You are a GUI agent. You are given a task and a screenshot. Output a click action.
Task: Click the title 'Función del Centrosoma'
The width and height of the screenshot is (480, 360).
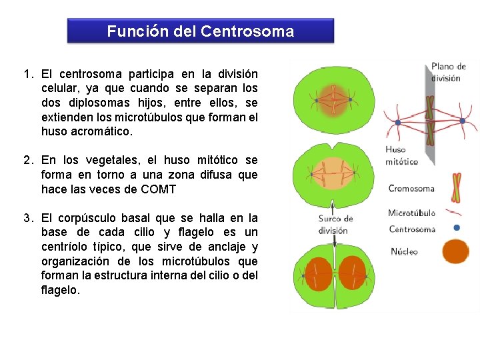200,31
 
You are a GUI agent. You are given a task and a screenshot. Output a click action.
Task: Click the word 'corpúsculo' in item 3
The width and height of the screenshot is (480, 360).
89,218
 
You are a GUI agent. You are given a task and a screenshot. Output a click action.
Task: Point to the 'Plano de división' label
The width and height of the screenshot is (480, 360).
449,72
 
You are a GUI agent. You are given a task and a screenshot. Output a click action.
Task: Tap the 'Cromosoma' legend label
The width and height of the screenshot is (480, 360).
411,189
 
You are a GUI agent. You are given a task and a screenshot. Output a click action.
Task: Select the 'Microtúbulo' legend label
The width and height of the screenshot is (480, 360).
411,213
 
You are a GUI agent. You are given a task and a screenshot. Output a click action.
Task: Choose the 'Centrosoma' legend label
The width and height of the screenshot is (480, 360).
411,229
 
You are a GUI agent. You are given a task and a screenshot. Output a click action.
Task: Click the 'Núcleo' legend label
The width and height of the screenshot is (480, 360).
404,251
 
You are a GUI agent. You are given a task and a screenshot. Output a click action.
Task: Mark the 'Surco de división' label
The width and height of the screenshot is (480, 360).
335,225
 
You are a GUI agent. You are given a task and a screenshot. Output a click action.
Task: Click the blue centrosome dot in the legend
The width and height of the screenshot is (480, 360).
456,227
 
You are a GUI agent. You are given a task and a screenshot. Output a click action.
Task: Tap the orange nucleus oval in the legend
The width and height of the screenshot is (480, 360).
456,252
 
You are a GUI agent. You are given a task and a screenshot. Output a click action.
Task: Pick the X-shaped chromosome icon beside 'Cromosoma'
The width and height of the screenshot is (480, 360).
456,187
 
